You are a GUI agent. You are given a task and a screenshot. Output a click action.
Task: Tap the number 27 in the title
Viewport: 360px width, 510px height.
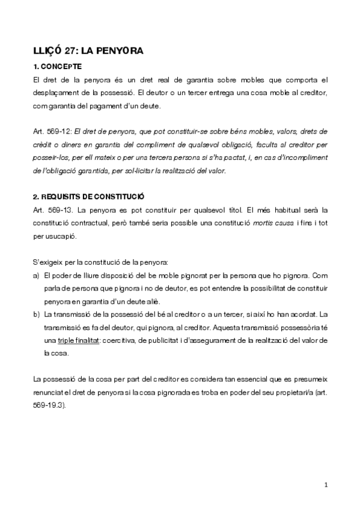click(71, 52)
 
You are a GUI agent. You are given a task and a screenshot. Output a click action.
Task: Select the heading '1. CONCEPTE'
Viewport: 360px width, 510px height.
click(58, 67)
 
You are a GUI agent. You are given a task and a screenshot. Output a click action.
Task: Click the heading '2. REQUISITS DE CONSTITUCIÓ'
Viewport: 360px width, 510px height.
click(88, 197)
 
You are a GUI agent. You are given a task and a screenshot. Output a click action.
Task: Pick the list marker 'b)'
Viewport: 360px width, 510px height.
click(37, 315)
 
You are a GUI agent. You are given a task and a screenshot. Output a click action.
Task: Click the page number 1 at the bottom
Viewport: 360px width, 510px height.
click(325, 485)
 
